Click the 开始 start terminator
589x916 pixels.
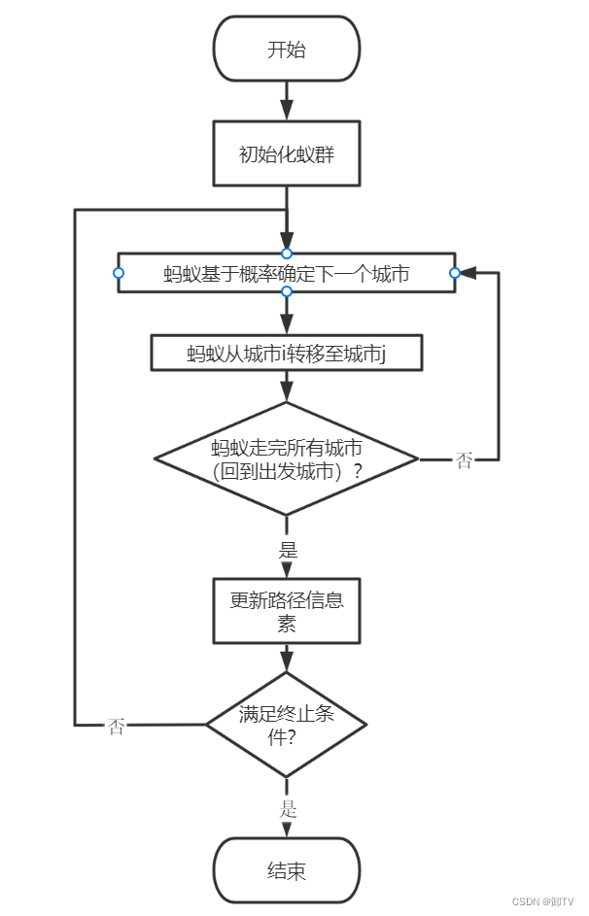click(287, 49)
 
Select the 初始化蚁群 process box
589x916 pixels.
click(287, 153)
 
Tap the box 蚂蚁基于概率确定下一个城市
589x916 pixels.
click(287, 274)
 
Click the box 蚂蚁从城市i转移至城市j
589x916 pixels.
click(287, 353)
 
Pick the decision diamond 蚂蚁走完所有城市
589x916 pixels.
click(287, 458)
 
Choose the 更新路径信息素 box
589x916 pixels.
click(287, 611)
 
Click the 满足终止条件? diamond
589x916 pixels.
click(287, 724)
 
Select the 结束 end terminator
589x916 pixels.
click(287, 870)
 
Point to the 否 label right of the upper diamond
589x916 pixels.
click(465, 460)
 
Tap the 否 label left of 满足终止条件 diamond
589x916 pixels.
click(117, 727)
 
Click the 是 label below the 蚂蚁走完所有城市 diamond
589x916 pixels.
click(288, 550)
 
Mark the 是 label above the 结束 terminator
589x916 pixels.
click(288, 808)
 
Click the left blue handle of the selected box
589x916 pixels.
click(119, 273)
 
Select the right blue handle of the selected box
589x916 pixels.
click(454, 273)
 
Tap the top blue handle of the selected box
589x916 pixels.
click(287, 254)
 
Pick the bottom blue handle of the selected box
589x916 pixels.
click(287, 291)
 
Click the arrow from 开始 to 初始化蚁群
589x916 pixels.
click(287, 100)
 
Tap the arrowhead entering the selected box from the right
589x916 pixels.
click(466, 273)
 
